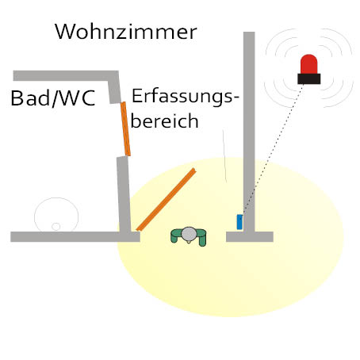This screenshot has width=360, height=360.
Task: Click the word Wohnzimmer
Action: point(126,32)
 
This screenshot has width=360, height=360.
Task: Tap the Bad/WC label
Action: point(53,98)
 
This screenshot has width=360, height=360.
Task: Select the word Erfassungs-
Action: point(186,97)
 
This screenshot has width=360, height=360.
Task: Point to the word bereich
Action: point(164,121)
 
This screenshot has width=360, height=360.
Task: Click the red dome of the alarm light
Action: point(308,64)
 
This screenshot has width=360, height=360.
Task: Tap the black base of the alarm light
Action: point(309,79)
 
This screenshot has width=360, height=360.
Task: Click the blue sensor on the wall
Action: point(239,222)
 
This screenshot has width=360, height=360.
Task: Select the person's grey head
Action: point(189,234)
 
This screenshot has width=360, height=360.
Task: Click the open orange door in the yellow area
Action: point(166,200)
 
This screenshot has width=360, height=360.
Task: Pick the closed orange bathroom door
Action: point(125,129)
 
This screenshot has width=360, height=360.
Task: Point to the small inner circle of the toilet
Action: point(56,227)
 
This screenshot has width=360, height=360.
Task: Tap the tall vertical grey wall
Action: point(249,132)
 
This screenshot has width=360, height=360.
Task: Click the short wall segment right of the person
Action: point(250,236)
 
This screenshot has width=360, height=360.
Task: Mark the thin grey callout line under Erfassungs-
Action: point(224,156)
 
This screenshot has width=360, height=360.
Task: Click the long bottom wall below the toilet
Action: point(75,237)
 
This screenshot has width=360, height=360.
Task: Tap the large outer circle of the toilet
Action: point(56,197)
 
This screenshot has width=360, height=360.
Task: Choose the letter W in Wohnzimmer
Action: point(64,32)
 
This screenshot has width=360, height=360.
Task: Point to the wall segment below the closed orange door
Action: point(124,194)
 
